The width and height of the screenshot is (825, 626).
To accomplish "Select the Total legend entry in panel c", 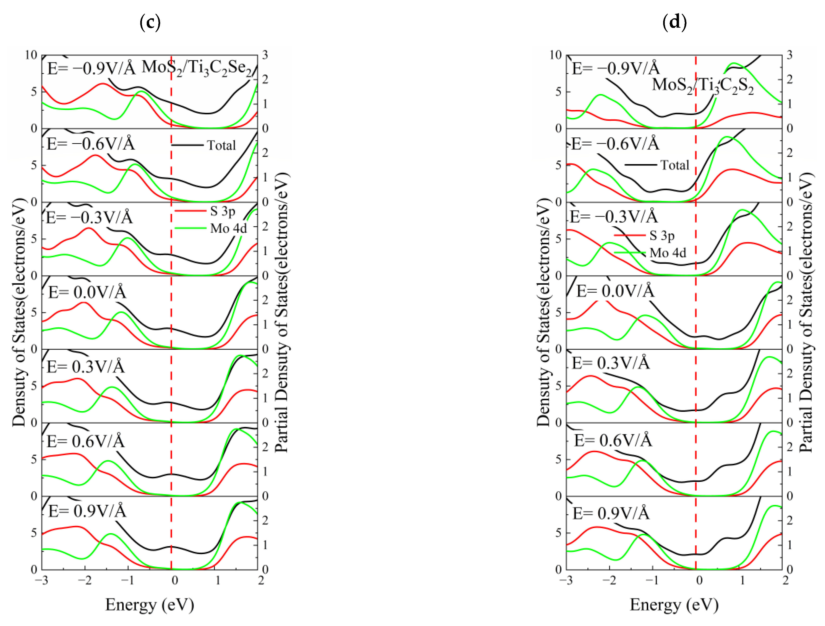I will [x=221, y=145].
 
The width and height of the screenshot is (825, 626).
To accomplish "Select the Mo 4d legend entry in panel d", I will [x=668, y=253].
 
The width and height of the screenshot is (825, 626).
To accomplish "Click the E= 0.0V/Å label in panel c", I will [x=87, y=292].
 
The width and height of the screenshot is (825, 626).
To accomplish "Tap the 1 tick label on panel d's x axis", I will [x=742, y=581].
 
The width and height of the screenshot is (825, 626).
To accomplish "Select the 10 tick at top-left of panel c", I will [x=31, y=55].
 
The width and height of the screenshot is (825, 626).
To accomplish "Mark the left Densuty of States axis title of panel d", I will [x=544, y=313].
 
